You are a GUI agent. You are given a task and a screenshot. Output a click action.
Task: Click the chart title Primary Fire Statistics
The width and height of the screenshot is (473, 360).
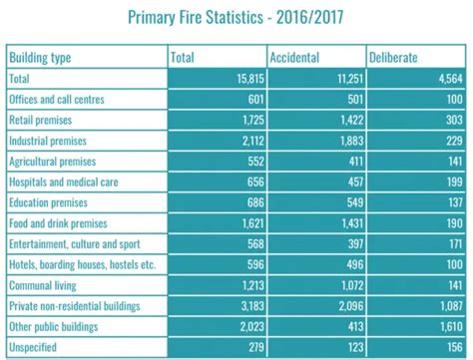pos(236,16)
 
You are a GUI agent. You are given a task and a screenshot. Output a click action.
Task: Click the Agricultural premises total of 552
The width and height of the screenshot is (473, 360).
pos(248,162)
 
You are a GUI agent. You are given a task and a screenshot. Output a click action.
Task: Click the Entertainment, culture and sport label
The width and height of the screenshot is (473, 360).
pos(75,244)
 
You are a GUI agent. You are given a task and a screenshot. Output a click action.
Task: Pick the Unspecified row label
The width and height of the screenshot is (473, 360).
pos(34,347)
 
